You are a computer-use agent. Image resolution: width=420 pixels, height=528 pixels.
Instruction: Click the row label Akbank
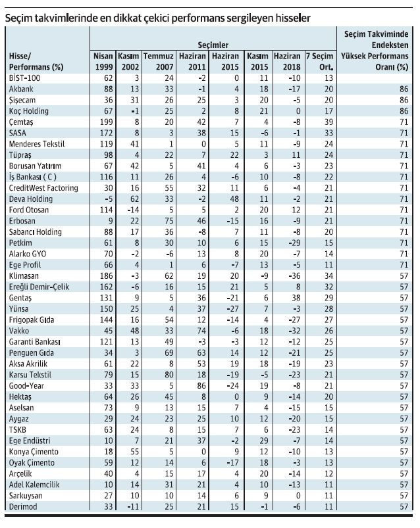click(x=20, y=89)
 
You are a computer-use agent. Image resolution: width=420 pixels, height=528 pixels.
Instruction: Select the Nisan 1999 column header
click(x=103, y=61)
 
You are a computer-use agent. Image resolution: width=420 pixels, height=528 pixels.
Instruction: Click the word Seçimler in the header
click(x=214, y=45)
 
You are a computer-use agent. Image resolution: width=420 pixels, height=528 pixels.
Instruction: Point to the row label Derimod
click(x=22, y=507)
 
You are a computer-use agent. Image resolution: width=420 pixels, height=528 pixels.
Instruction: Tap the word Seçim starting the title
click(x=19, y=19)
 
